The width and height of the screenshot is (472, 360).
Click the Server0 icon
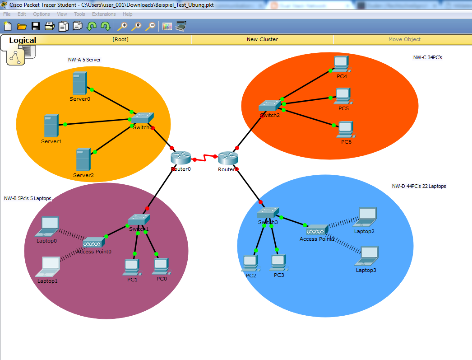[x=79, y=84]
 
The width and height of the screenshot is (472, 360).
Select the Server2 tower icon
[x=83, y=159]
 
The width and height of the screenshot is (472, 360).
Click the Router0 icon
[x=181, y=158]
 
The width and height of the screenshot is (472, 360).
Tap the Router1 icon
[x=228, y=158]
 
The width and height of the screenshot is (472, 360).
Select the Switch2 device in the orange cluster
[x=269, y=106]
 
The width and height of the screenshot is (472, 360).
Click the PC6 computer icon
[x=346, y=129]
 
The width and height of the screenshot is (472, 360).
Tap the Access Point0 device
[x=93, y=243]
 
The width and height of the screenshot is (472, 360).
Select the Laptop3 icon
[x=366, y=256]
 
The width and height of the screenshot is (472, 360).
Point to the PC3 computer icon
[x=278, y=262]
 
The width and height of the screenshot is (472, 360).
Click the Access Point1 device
[x=317, y=229]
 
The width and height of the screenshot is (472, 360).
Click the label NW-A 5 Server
[x=84, y=60]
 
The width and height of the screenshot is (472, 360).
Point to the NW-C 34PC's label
[x=427, y=57]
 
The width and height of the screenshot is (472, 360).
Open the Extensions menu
[x=104, y=14]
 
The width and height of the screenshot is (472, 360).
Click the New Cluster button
[x=262, y=39]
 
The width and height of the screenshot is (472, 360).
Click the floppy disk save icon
[x=36, y=26]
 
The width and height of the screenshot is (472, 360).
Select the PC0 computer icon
[x=161, y=266]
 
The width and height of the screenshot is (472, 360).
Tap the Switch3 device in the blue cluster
[x=268, y=213]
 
